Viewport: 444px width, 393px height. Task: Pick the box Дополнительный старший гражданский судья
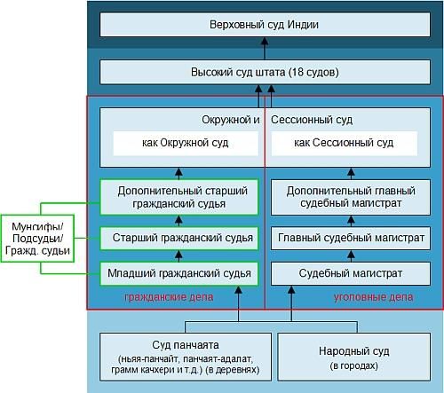click(179, 197)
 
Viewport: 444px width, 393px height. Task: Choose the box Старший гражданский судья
click(179, 238)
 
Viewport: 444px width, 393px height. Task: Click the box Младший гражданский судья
click(179, 272)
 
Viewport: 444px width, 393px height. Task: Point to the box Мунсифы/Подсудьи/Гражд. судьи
click(38, 238)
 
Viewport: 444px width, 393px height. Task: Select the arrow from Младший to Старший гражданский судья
click(179, 255)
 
